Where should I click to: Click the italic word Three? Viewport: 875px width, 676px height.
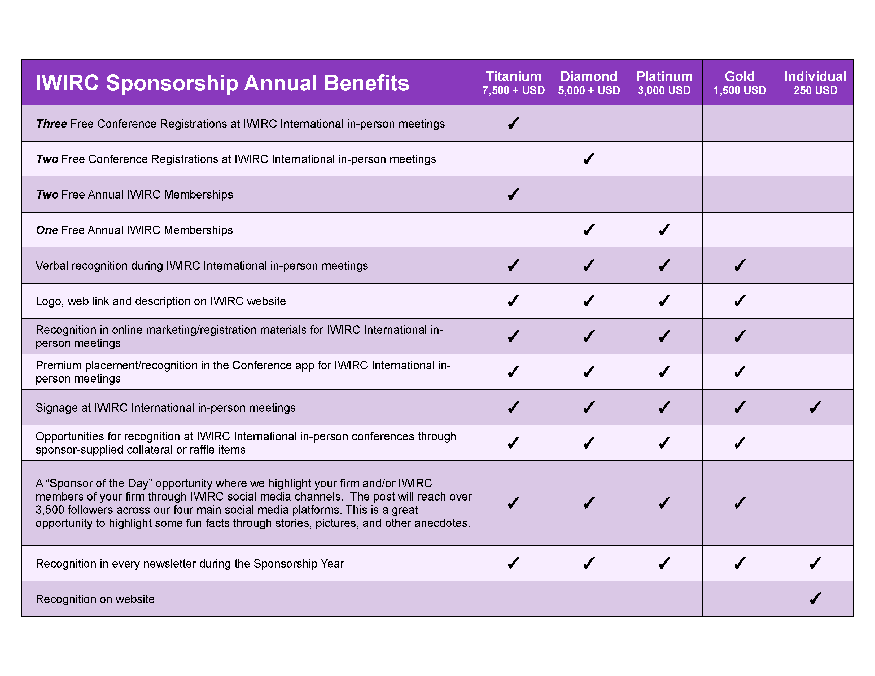pos(51,124)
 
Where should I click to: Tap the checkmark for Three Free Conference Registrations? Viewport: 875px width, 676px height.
pos(514,123)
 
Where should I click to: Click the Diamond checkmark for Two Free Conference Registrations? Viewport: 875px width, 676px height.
pos(589,159)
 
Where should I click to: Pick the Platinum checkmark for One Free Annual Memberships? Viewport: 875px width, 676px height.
pos(664,230)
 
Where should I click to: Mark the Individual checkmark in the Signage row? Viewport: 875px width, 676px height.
pos(815,407)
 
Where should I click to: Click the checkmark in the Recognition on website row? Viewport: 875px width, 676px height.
pos(815,599)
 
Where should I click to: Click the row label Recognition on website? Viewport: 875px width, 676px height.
pos(95,599)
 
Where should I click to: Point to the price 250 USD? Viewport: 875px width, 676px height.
pos(816,90)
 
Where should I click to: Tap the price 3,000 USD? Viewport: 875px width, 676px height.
pos(664,90)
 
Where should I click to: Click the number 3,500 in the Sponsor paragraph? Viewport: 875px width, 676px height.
pos(50,510)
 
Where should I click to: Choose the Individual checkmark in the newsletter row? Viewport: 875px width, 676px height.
pos(815,563)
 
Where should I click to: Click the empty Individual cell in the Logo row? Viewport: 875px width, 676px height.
pos(816,301)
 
